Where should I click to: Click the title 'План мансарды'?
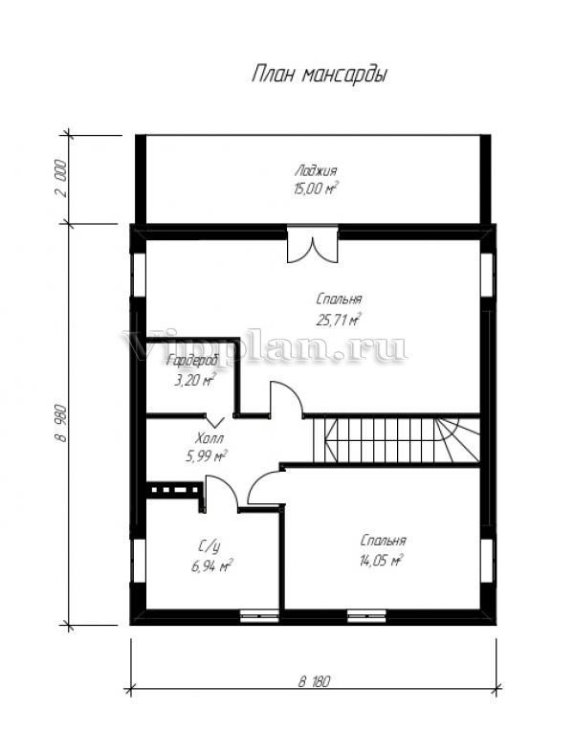pos(320,75)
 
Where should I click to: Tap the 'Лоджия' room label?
pos(316,170)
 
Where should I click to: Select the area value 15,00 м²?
pos(316,188)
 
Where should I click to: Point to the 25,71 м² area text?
pos(339,320)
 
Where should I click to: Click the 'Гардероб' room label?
pos(192,360)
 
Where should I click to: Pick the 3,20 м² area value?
pos(194,380)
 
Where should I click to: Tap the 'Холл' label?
pos(210,438)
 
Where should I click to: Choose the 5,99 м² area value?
pos(207,455)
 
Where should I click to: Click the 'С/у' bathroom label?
pos(210,546)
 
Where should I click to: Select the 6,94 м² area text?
pos(212,565)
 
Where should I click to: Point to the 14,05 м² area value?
pos(381,560)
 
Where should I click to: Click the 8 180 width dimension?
pos(315,681)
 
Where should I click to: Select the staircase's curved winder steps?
pos(457,440)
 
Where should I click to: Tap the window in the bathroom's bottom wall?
pos(259,616)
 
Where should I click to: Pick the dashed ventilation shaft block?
pos(174,491)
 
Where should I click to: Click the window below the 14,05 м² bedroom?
pos(366,616)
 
